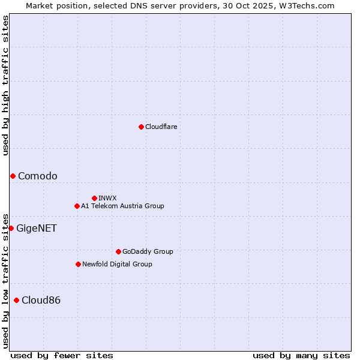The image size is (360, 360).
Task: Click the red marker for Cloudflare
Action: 141,127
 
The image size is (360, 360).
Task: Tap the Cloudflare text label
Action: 161,127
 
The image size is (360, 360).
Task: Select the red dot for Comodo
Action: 13,176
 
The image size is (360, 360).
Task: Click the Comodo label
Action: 38,176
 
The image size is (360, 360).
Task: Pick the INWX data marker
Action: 94,198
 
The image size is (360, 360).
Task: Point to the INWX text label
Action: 107,198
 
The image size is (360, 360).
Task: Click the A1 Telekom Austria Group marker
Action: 77,206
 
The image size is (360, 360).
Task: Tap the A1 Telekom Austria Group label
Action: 122,206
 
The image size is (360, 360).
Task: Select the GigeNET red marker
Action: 11,228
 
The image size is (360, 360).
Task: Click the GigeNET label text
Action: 37,228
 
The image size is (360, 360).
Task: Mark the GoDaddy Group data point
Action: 118,251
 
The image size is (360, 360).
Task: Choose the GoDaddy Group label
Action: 148,251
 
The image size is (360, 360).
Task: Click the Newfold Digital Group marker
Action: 78,264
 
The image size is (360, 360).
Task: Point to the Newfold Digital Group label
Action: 117,264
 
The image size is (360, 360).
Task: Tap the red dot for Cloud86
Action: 16,300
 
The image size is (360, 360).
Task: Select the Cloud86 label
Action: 41,300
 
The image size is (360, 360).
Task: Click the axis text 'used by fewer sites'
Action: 62,355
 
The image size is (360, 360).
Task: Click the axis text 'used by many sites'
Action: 301,355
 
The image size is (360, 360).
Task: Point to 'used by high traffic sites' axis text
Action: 5,85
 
